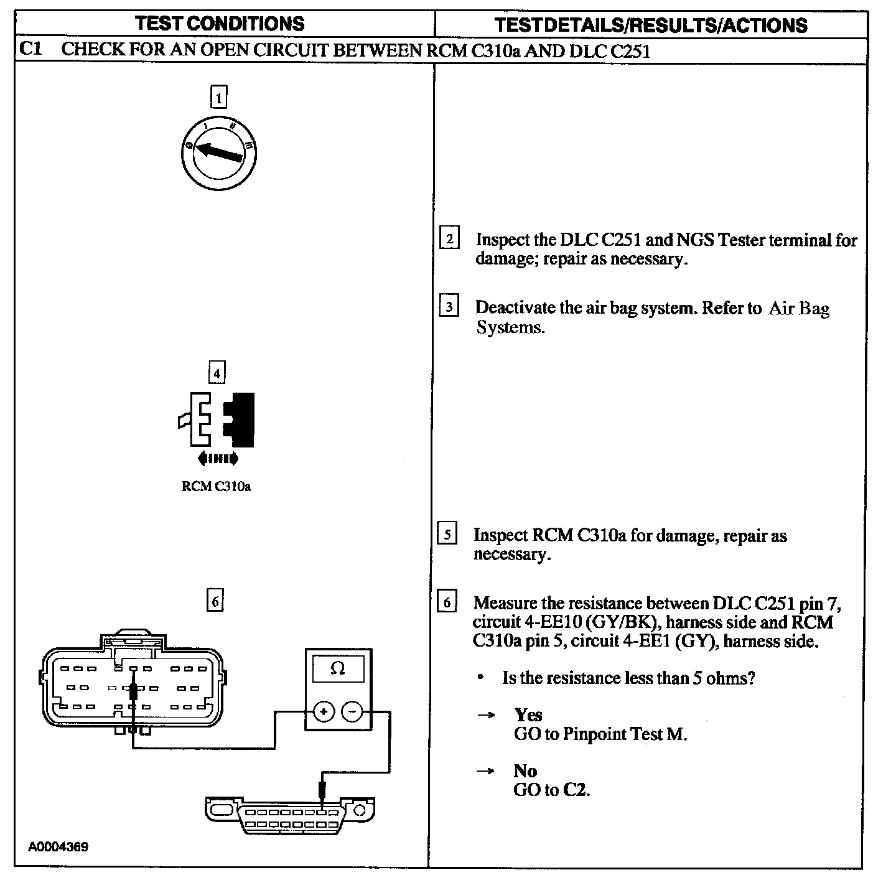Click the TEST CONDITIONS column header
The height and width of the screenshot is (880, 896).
click(220, 24)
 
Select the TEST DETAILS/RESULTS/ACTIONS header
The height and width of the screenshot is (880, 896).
click(650, 25)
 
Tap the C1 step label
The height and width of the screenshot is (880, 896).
click(30, 49)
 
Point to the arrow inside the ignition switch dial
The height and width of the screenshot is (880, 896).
click(218, 151)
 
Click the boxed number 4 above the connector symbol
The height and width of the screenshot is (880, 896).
click(217, 373)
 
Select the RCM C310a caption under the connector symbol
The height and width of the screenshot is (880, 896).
click(216, 486)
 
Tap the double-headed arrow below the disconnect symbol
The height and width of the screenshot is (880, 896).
click(217, 459)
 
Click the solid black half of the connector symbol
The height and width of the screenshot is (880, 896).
click(242, 419)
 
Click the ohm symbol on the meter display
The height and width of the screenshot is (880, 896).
click(338, 669)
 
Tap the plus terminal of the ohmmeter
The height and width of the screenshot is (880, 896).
click(324, 711)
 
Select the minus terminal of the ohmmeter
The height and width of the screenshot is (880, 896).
click(352, 711)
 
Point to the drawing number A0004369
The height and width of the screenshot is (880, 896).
click(58, 847)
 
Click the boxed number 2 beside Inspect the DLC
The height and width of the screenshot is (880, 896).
click(449, 239)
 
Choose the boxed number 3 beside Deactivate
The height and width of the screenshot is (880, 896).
click(449, 307)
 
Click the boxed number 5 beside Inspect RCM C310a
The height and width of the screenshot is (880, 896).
click(447, 535)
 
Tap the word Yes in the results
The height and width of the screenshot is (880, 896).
click(528, 714)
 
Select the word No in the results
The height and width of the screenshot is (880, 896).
click(525, 771)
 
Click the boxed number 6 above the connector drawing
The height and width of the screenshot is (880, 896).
click(215, 601)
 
